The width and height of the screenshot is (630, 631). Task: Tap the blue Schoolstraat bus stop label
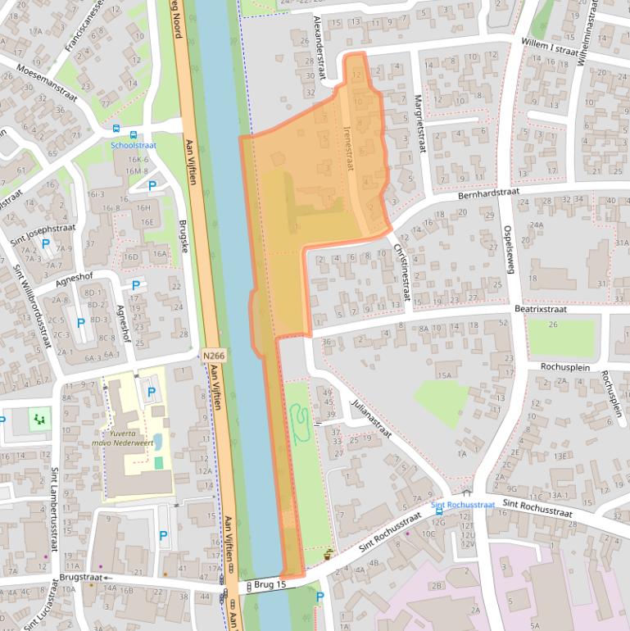(x=134, y=145)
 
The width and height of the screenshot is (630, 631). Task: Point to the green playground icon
(x=38, y=420)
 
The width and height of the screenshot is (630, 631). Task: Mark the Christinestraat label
(x=401, y=271)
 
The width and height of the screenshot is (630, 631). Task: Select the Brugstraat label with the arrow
(x=81, y=578)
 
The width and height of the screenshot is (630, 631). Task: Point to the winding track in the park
(x=299, y=423)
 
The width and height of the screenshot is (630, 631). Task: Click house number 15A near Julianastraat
(x=444, y=375)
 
